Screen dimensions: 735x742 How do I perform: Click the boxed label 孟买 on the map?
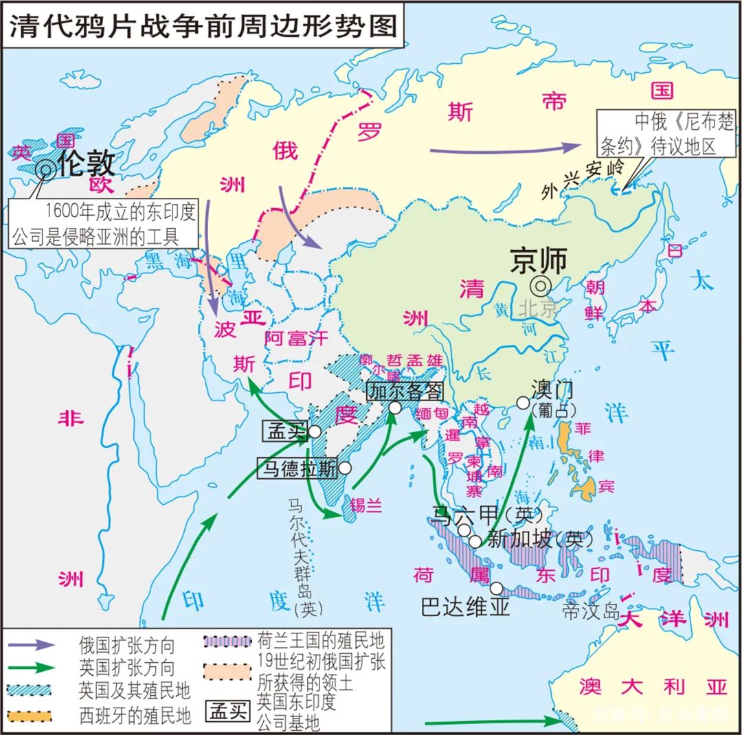coord(284,431)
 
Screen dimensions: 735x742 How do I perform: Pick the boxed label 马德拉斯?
coord(297,468)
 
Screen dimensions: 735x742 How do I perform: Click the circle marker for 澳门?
coord(521,404)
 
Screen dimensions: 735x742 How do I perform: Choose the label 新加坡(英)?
coord(540,539)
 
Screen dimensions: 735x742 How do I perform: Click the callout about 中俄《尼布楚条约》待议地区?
coord(657,135)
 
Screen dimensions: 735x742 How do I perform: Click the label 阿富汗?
coord(297,337)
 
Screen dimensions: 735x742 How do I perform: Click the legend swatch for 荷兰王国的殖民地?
coord(227,642)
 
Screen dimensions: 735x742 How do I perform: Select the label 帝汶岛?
coord(590,611)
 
